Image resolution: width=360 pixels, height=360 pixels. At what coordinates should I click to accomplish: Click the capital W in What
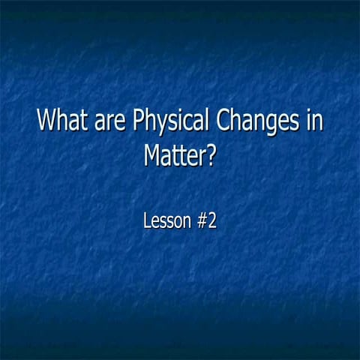pyautogui.click(x=47, y=121)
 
